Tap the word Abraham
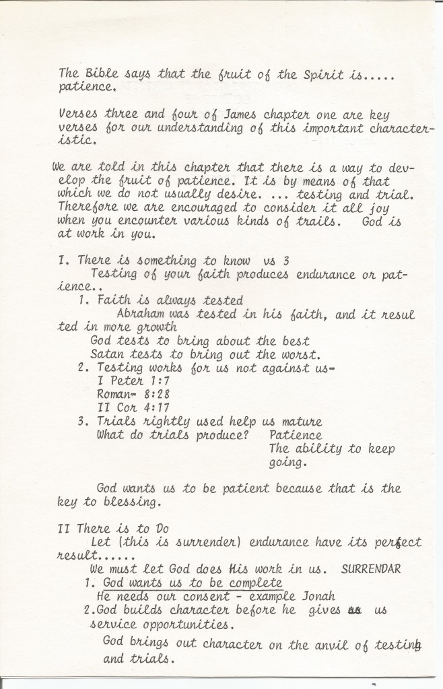(x=143, y=315)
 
